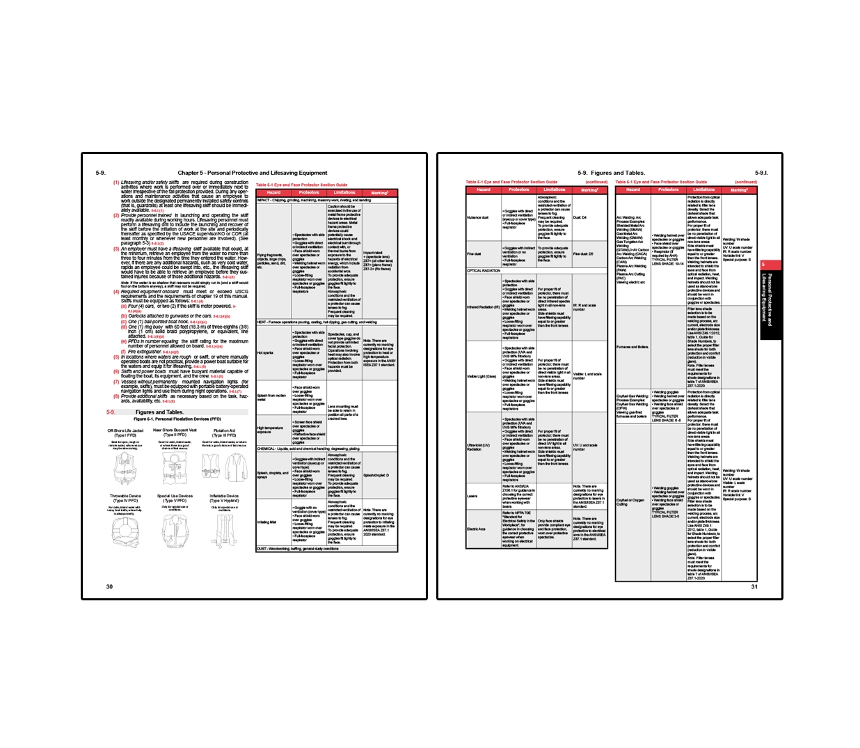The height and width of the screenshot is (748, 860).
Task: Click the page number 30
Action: pos(109,586)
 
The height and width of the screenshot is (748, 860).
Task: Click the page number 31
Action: pos(754,586)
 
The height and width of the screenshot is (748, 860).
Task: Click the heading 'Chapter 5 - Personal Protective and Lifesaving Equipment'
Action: pos(252,173)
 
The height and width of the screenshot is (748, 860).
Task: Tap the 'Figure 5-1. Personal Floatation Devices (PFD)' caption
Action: pos(177,419)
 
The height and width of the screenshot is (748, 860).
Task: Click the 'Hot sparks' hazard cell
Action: pos(265,353)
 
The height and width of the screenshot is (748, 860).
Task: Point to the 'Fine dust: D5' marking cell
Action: pos(583,254)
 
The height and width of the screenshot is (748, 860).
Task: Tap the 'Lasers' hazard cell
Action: pos(472,497)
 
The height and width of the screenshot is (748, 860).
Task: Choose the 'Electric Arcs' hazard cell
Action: pos(476,529)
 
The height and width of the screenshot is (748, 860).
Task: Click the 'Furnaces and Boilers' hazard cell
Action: pos(632,347)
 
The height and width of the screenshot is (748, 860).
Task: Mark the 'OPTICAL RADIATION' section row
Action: pos(484,271)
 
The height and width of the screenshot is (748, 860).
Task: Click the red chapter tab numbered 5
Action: pos(763,265)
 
